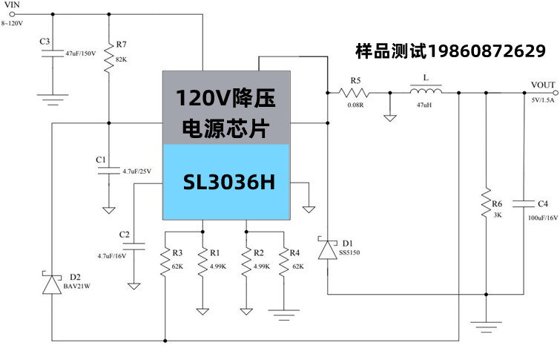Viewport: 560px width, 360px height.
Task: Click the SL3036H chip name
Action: [229, 182]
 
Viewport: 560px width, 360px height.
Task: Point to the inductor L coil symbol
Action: [426, 92]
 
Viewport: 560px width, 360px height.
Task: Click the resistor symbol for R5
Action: [354, 93]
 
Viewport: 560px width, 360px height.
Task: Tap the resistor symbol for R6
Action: [486, 203]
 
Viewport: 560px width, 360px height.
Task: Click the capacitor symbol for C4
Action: [524, 203]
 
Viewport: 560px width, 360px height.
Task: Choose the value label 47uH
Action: [425, 105]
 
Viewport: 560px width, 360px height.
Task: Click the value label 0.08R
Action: [356, 105]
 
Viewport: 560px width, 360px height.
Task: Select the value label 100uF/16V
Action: [542, 219]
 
